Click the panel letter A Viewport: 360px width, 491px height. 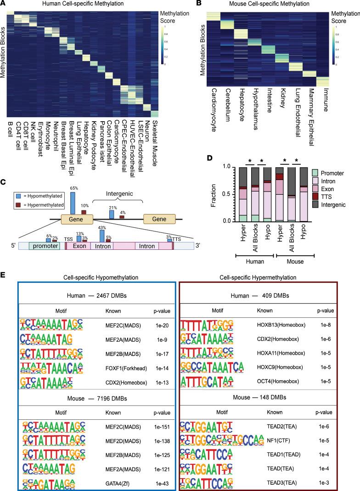(4, 4)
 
